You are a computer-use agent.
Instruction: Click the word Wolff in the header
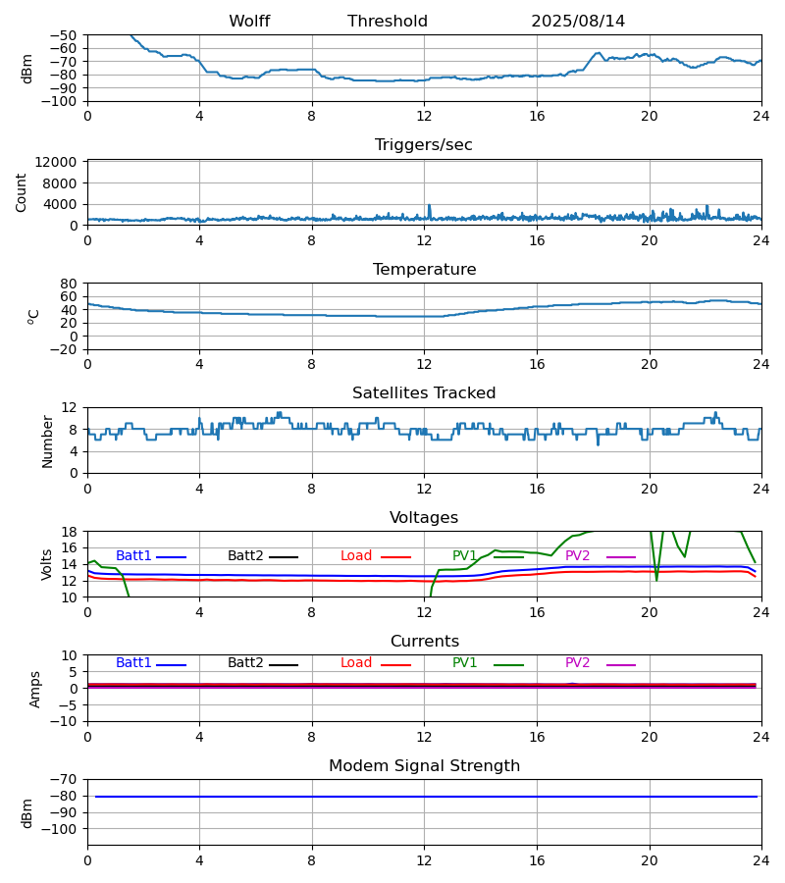(249, 22)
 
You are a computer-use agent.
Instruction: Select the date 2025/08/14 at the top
(578, 22)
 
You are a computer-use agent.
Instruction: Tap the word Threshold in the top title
(388, 22)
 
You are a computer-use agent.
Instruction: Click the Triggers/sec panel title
(424, 145)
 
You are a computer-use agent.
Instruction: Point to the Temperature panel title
(424, 270)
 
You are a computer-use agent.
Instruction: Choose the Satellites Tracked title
(424, 393)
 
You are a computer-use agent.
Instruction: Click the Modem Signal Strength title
(424, 766)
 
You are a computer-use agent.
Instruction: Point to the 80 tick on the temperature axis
(70, 284)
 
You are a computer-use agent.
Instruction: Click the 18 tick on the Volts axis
(70, 532)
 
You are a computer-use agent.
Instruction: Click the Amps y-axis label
(36, 689)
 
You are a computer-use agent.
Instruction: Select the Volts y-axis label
(47, 564)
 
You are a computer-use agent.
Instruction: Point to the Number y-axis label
(47, 441)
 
